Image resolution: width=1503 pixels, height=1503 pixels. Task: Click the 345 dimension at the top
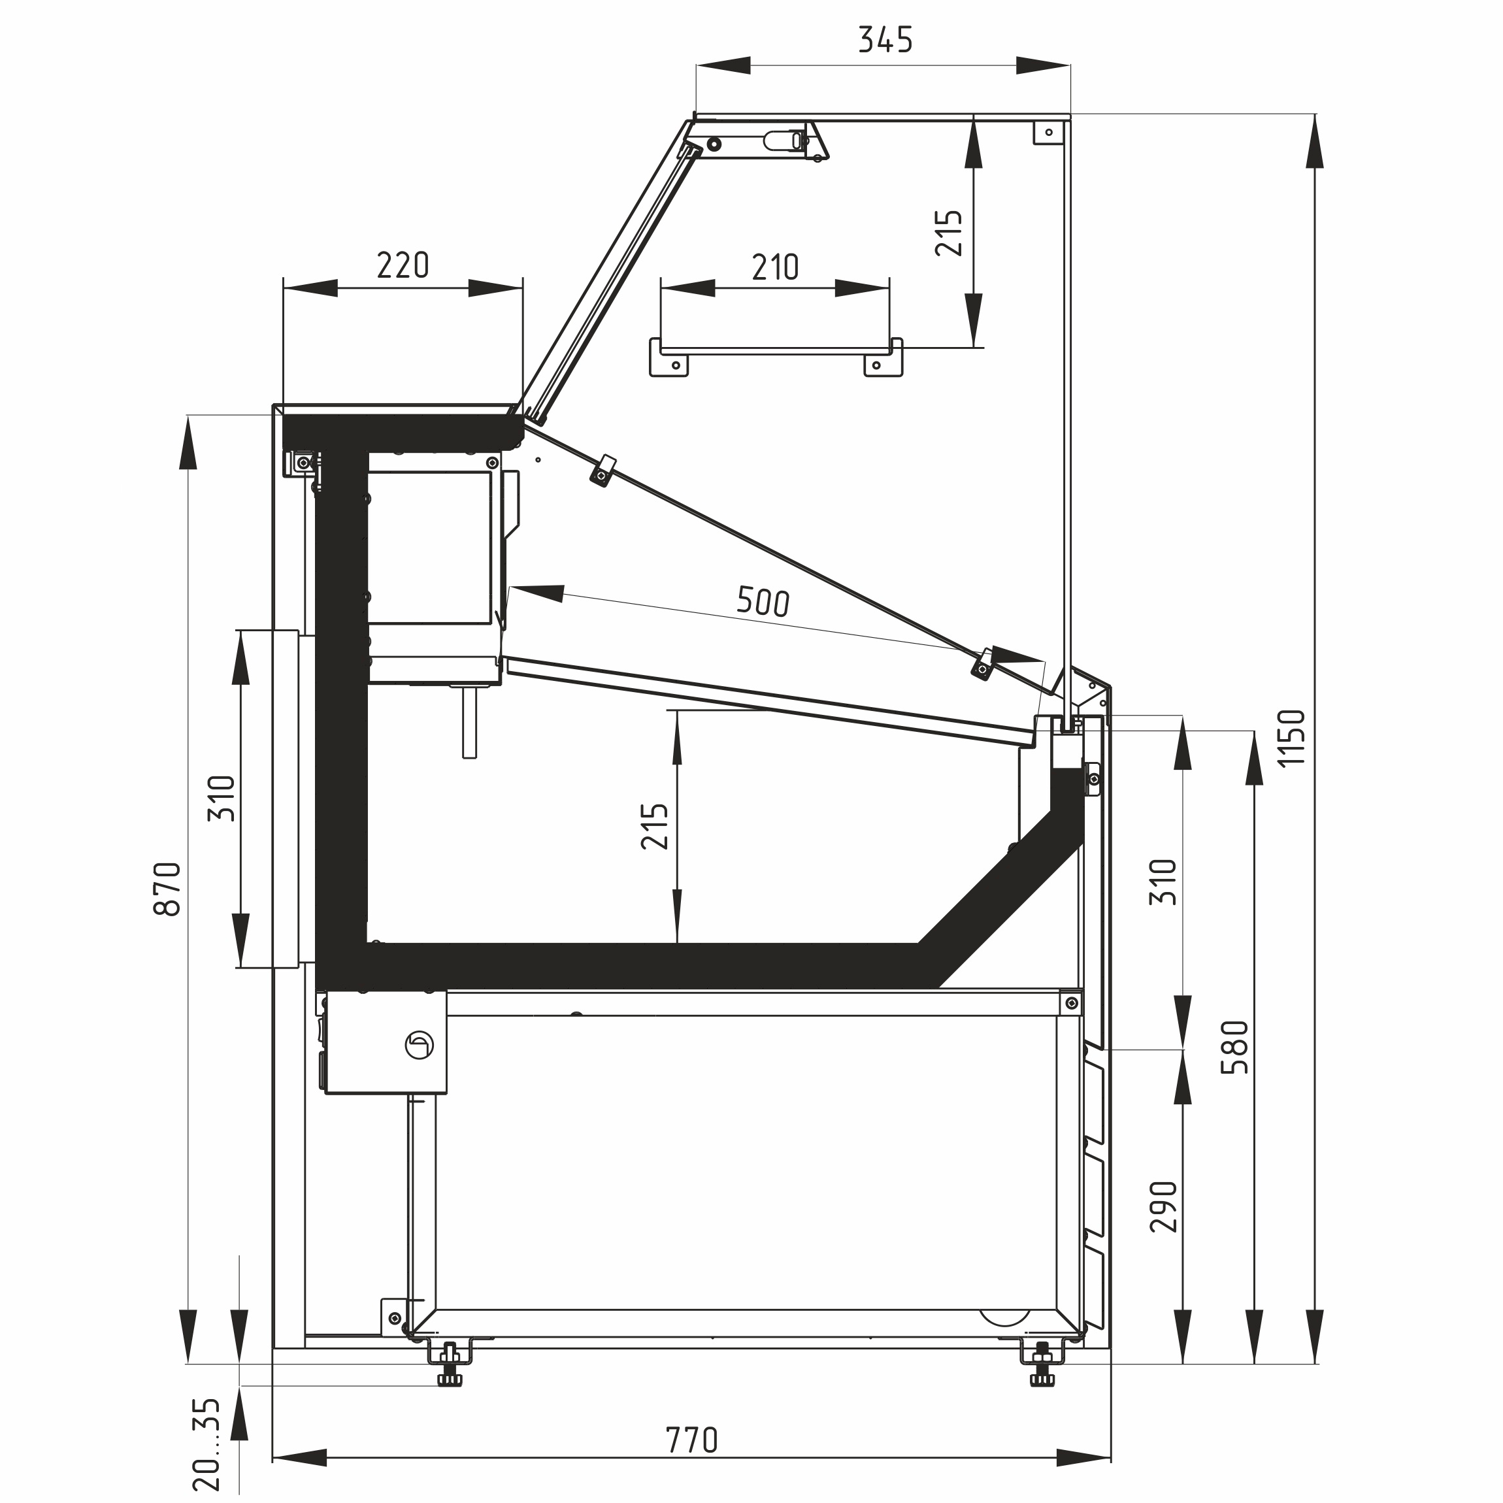coord(885,40)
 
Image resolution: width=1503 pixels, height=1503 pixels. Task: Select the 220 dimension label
coord(403,265)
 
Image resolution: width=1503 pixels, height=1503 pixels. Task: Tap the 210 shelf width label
coord(776,268)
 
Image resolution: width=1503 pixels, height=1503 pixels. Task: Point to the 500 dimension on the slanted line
coord(763,601)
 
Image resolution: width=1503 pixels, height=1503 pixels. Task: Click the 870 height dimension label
coord(168,889)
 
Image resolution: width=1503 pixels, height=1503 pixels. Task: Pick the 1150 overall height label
coord(1291,738)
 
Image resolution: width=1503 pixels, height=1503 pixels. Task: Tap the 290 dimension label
coord(1164,1206)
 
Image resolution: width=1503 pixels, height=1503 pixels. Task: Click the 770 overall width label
coord(691,1441)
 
